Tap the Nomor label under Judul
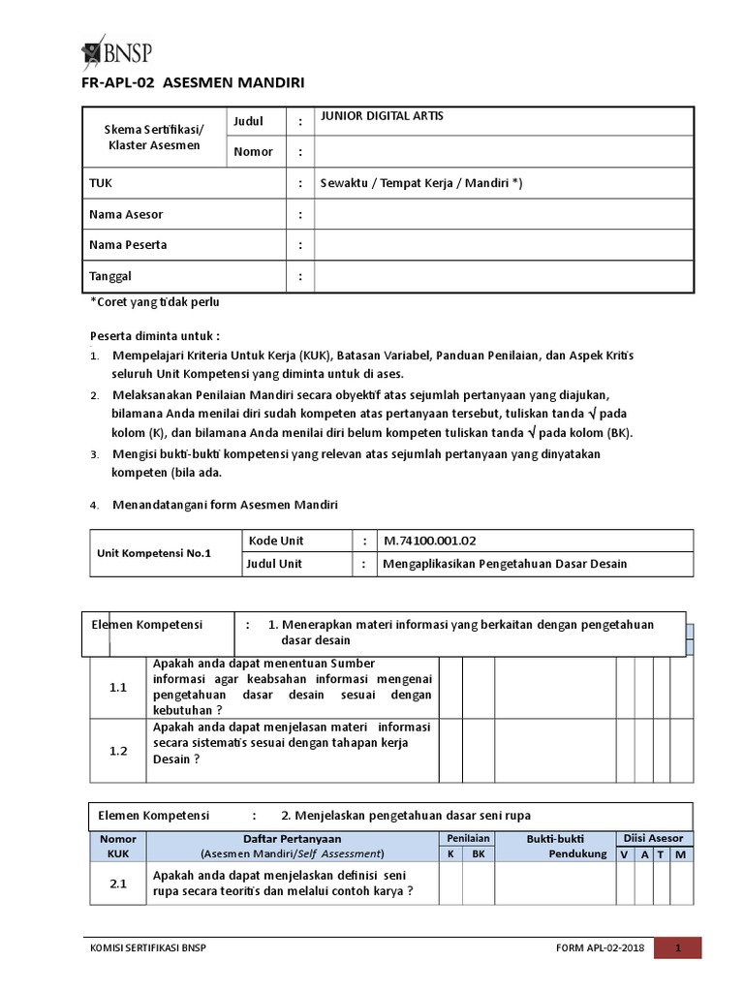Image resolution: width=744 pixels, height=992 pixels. coord(254,152)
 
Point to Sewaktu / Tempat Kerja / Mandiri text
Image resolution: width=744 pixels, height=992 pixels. coord(420,183)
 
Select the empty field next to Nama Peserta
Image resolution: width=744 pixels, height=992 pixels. coord(504,245)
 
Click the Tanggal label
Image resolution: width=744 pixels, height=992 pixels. coord(111,276)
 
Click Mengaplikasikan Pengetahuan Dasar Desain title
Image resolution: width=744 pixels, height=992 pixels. coord(506,564)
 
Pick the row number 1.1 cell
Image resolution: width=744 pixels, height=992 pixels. coord(118,687)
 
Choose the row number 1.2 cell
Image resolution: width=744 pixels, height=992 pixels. coord(118,750)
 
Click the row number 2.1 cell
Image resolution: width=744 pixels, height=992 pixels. coord(118,883)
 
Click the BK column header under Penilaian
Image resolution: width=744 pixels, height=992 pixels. coord(478,853)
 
